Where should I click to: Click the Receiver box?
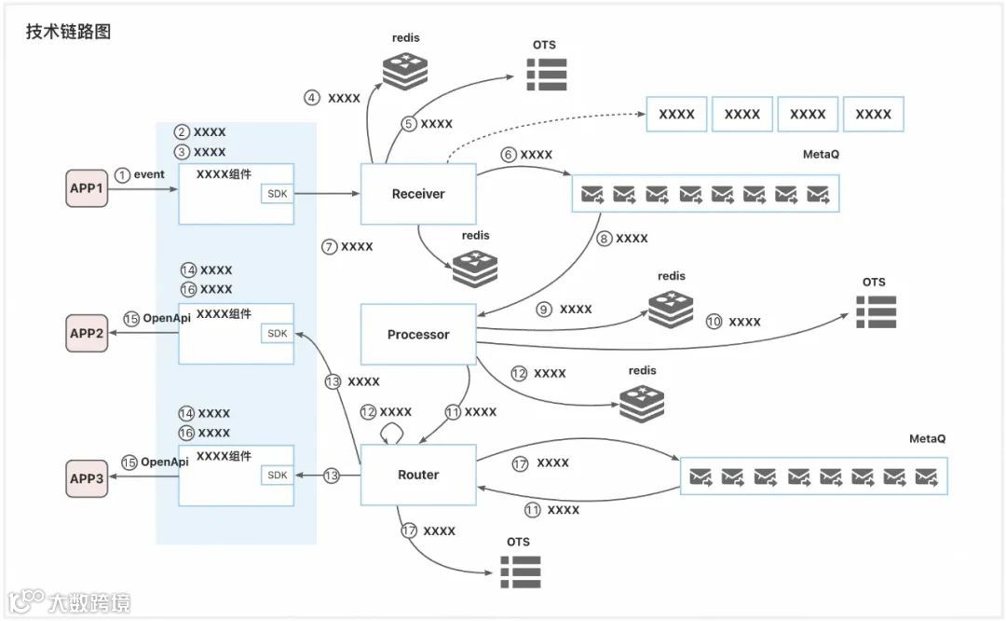(x=417, y=194)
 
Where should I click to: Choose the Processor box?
(x=417, y=334)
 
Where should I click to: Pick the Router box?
(x=417, y=475)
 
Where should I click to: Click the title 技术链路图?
(x=69, y=32)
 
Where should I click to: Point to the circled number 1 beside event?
(x=122, y=174)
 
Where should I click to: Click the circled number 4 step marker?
(x=313, y=98)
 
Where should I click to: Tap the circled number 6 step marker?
(x=509, y=155)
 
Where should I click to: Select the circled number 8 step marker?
(x=604, y=239)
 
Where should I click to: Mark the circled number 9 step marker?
(x=544, y=310)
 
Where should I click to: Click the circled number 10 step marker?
(x=714, y=322)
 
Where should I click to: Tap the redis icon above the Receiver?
(x=405, y=71)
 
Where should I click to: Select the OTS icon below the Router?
(x=521, y=571)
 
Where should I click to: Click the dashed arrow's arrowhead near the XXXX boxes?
(x=643, y=115)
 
